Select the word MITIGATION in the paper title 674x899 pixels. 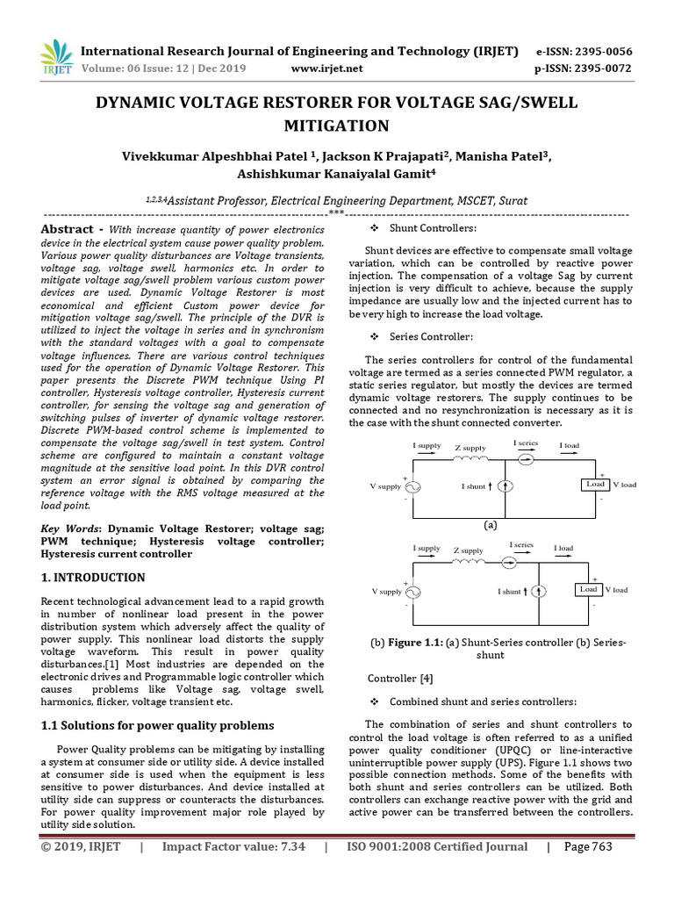[x=336, y=126]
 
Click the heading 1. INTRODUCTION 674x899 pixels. [x=94, y=578]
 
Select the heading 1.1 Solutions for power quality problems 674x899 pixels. [x=158, y=725]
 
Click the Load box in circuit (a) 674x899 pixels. [x=595, y=485]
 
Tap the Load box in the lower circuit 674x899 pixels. [x=588, y=589]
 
